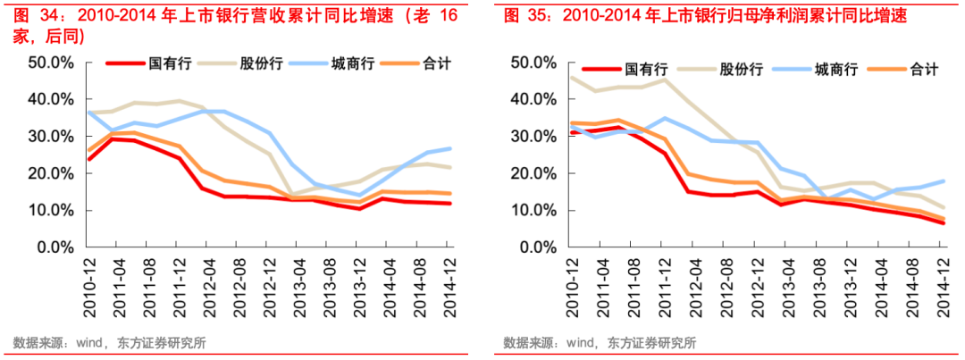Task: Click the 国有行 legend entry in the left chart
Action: [x=166, y=63]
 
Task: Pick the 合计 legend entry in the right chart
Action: [x=924, y=69]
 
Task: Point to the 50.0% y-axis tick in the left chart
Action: [x=50, y=63]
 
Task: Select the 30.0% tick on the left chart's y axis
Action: [x=50, y=137]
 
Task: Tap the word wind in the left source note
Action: [x=91, y=342]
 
